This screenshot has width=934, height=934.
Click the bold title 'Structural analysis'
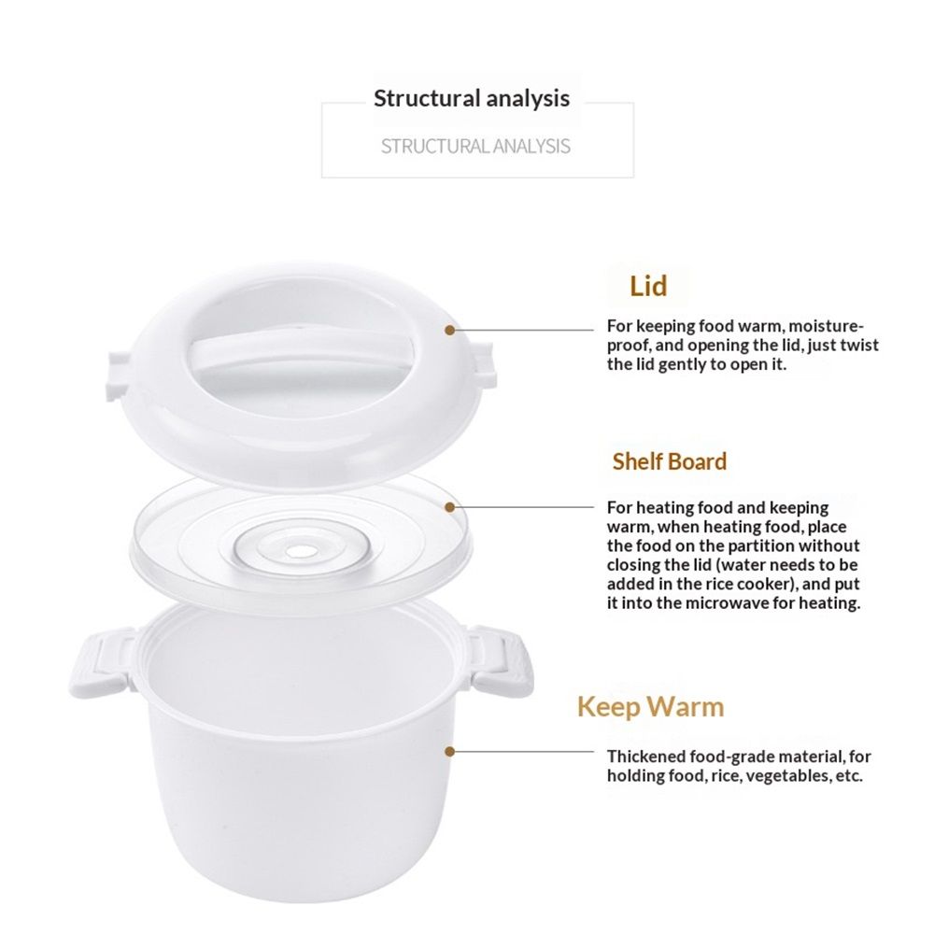click(471, 98)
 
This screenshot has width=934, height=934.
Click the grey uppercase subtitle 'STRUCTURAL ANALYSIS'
click(475, 147)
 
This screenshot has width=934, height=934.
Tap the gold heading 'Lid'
click(648, 286)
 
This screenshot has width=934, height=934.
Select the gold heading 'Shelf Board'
click(670, 461)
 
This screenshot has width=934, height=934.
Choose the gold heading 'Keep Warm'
click(650, 707)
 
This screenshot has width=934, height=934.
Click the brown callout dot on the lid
click(450, 330)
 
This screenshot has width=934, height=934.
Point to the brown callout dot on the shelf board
click(450, 507)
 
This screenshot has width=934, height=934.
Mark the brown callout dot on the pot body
click(450, 752)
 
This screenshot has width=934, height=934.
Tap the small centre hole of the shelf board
click(301, 552)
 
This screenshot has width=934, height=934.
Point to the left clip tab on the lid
click(118, 375)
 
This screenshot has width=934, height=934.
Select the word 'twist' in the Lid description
click(858, 346)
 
